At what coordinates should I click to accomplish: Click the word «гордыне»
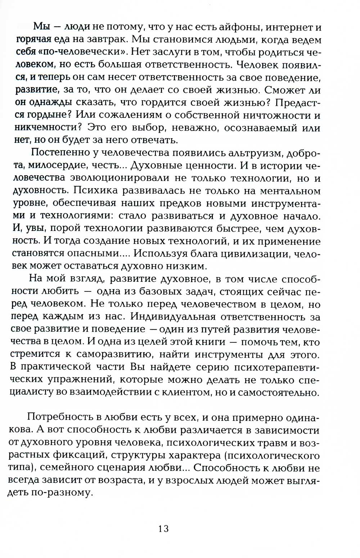pyautogui.click(x=45, y=115)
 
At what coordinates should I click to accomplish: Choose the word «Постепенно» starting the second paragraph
pyautogui.click(x=59, y=152)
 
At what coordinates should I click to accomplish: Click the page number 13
pyautogui.click(x=163, y=528)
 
